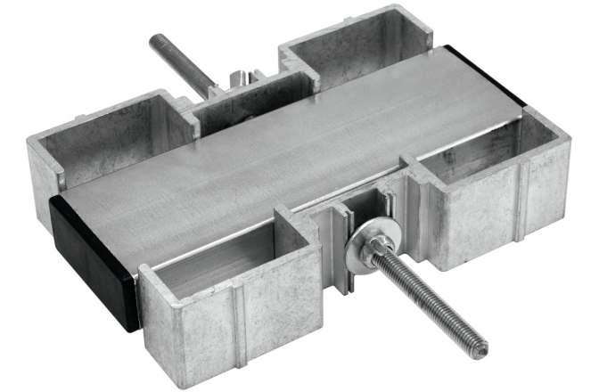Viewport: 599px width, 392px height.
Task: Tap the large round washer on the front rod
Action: tap(366, 243)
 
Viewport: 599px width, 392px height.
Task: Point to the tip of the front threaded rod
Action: tap(482, 343)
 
